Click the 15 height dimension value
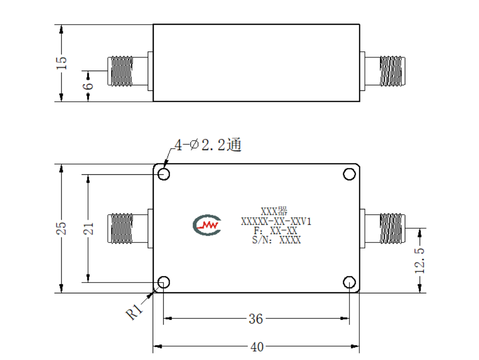[61, 63]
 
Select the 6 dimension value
[87, 86]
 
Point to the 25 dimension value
[61, 228]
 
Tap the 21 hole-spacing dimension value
[88, 228]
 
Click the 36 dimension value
[256, 319]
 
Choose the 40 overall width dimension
[257, 347]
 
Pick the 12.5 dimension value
[419, 260]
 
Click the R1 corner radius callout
[134, 311]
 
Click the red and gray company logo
[207, 225]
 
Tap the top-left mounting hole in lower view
[164, 174]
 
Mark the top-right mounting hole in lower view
[349, 174]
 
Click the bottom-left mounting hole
[164, 282]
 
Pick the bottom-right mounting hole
[349, 282]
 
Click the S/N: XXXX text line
[276, 240]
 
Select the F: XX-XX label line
[275, 231]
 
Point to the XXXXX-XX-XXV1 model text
[276, 221]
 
